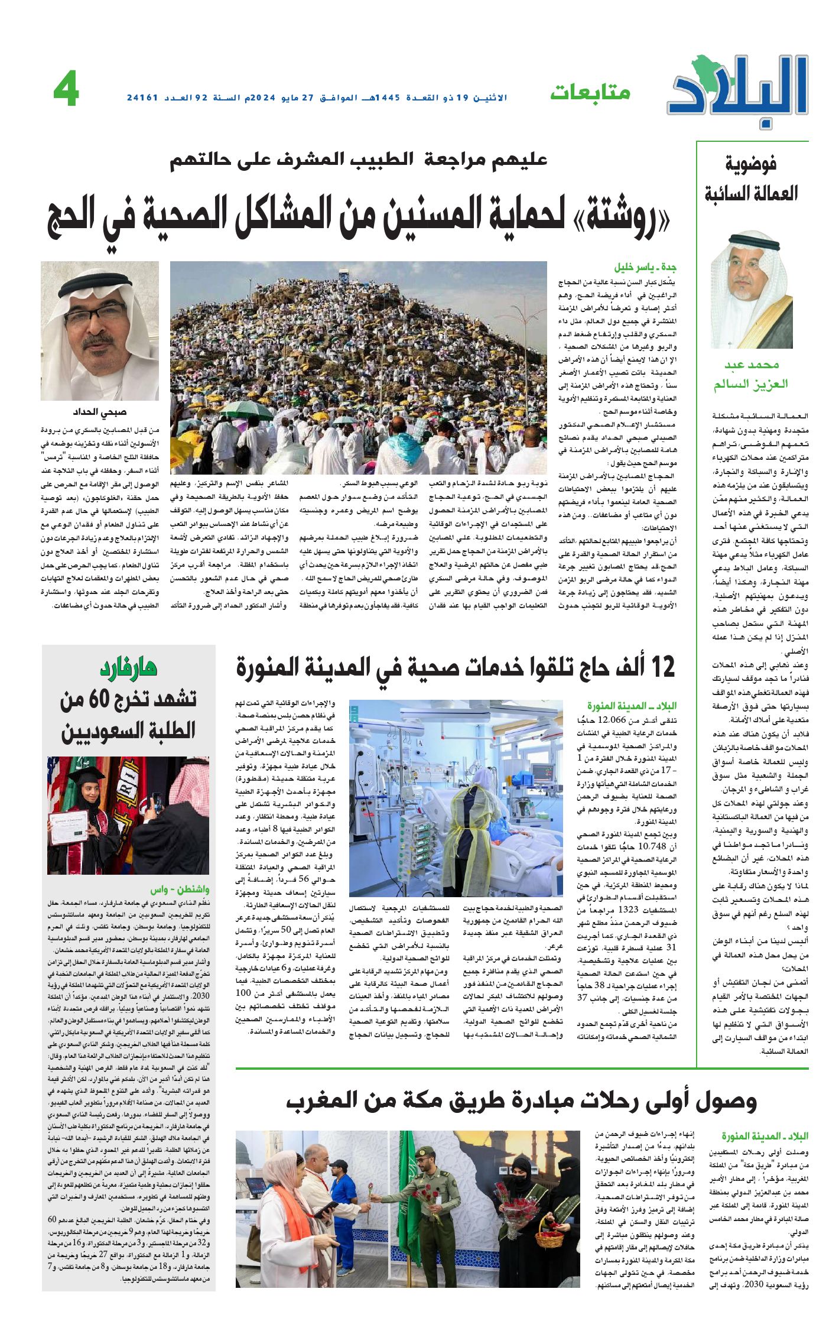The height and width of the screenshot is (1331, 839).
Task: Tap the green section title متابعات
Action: coord(590,93)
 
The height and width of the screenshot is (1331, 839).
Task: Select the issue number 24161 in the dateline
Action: coord(142,98)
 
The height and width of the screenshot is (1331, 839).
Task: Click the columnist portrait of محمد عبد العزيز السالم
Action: coord(751,289)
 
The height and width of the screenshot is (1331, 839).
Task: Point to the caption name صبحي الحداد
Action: coord(99,411)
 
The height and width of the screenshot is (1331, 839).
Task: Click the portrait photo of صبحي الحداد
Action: coord(100,331)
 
